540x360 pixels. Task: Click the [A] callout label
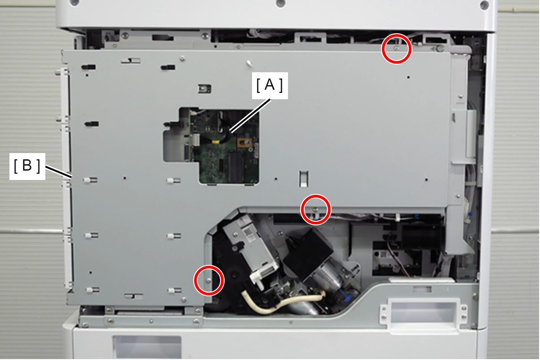tap(270, 85)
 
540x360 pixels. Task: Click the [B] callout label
tap(27, 166)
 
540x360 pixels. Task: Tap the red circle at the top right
tap(396, 49)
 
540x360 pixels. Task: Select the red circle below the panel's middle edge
tap(315, 210)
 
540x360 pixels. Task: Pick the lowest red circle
tap(209, 281)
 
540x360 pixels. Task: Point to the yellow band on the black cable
tap(215, 142)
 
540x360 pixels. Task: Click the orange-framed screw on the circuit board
tap(244, 143)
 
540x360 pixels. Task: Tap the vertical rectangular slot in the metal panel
tap(304, 179)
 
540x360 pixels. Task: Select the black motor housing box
tap(308, 253)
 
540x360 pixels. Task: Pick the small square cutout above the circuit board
tap(204, 89)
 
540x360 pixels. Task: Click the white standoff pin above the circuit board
tap(249, 63)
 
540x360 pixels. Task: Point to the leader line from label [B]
tap(59, 171)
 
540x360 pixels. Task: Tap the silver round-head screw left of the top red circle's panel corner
tap(440, 49)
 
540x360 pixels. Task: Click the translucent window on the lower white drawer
tap(147, 347)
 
